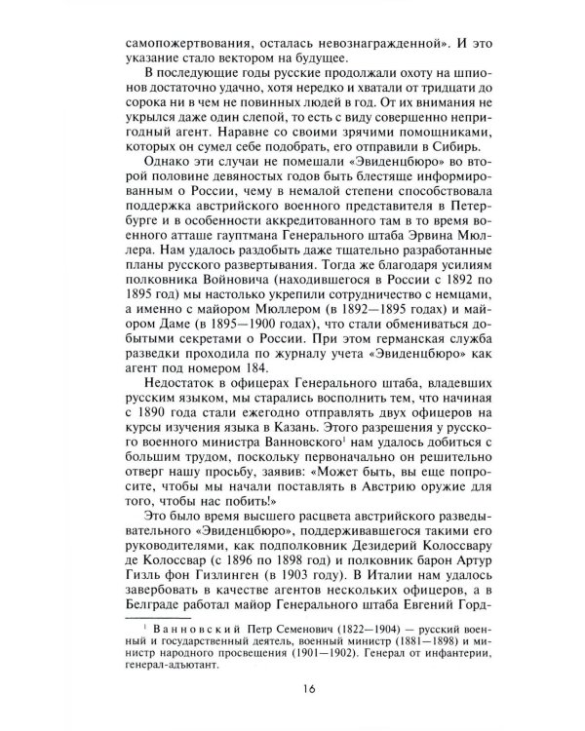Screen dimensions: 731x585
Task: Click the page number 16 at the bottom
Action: (292, 693)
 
